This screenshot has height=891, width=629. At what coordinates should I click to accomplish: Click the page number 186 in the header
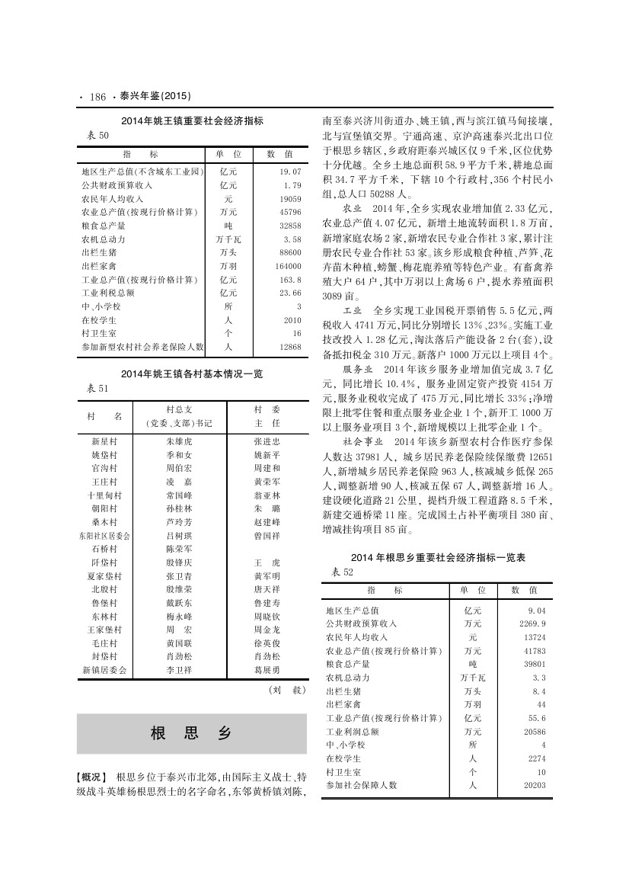(x=97, y=97)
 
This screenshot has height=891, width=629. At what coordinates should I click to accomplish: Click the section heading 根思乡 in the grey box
(x=191, y=733)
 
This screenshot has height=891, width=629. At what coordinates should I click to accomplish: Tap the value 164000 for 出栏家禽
(x=288, y=266)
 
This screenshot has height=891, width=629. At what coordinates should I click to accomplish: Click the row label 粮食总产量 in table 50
(x=104, y=226)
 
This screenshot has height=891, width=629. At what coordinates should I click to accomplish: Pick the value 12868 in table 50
(x=290, y=347)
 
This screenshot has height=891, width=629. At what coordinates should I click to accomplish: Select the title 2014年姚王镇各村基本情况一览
(x=192, y=374)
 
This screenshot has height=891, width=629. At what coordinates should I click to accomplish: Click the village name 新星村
(x=104, y=441)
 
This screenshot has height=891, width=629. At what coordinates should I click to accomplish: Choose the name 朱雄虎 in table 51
(x=179, y=441)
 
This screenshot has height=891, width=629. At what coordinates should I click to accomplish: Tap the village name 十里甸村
(x=104, y=495)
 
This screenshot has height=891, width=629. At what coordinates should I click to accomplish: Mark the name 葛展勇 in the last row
(x=267, y=670)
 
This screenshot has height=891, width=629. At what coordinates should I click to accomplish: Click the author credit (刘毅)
(x=287, y=691)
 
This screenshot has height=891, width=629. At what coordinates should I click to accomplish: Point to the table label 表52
(x=343, y=572)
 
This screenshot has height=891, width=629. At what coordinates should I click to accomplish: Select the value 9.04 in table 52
(x=536, y=611)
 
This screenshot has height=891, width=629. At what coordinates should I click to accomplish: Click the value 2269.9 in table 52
(x=532, y=623)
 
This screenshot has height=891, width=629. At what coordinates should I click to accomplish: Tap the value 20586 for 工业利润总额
(x=534, y=731)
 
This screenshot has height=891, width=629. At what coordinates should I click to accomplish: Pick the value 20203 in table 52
(x=534, y=785)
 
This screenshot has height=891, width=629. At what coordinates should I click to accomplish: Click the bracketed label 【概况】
(x=93, y=777)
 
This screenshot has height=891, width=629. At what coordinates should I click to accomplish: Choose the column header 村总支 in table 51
(x=179, y=410)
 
